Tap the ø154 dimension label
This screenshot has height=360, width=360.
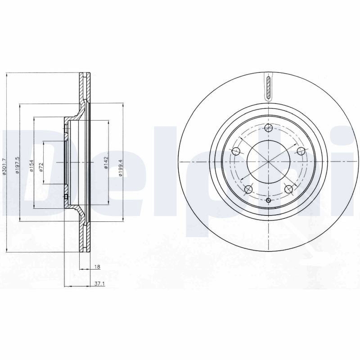(x=31, y=166)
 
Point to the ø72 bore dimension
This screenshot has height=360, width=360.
(x=41, y=167)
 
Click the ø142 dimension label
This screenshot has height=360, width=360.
(x=106, y=162)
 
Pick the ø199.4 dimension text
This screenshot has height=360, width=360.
(x=121, y=168)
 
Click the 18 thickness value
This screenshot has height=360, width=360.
(x=97, y=267)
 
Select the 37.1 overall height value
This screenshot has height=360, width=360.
(x=99, y=284)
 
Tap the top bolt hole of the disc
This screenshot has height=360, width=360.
(x=268, y=128)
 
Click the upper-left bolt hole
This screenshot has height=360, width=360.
(x=236, y=151)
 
